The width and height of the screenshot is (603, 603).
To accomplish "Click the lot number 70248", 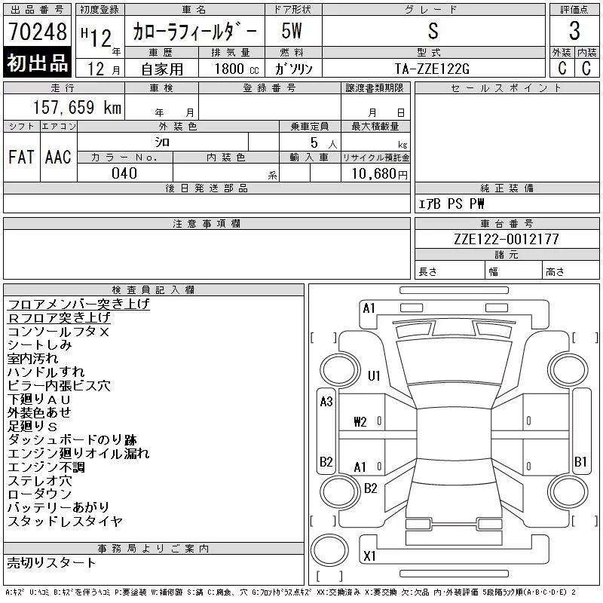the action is (38, 32).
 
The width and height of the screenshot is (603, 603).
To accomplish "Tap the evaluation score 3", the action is (574, 32).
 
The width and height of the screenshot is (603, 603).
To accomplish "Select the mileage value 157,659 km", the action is (78, 108).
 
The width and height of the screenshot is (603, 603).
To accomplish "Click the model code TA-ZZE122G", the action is (432, 69).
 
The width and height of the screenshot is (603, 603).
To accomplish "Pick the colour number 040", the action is (124, 173).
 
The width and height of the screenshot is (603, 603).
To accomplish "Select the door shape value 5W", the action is (292, 32).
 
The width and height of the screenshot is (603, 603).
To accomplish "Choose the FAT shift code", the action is (21, 157).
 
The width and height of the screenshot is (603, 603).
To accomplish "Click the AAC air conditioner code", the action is (58, 157).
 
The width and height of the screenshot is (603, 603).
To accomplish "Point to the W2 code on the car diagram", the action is (360, 421).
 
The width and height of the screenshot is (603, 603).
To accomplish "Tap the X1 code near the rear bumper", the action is (369, 556).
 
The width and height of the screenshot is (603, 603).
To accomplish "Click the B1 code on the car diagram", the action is (580, 461).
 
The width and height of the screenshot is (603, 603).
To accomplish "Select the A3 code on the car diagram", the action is (326, 402).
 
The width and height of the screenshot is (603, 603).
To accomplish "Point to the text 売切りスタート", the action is (51, 562).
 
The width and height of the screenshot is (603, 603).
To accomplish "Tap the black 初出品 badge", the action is (38, 63).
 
